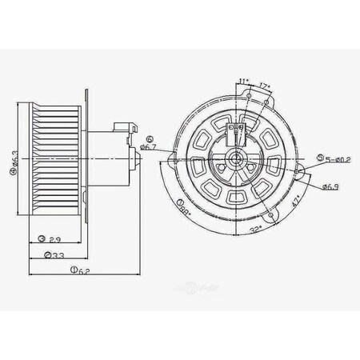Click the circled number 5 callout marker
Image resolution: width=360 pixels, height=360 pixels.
[x=320, y=158]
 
